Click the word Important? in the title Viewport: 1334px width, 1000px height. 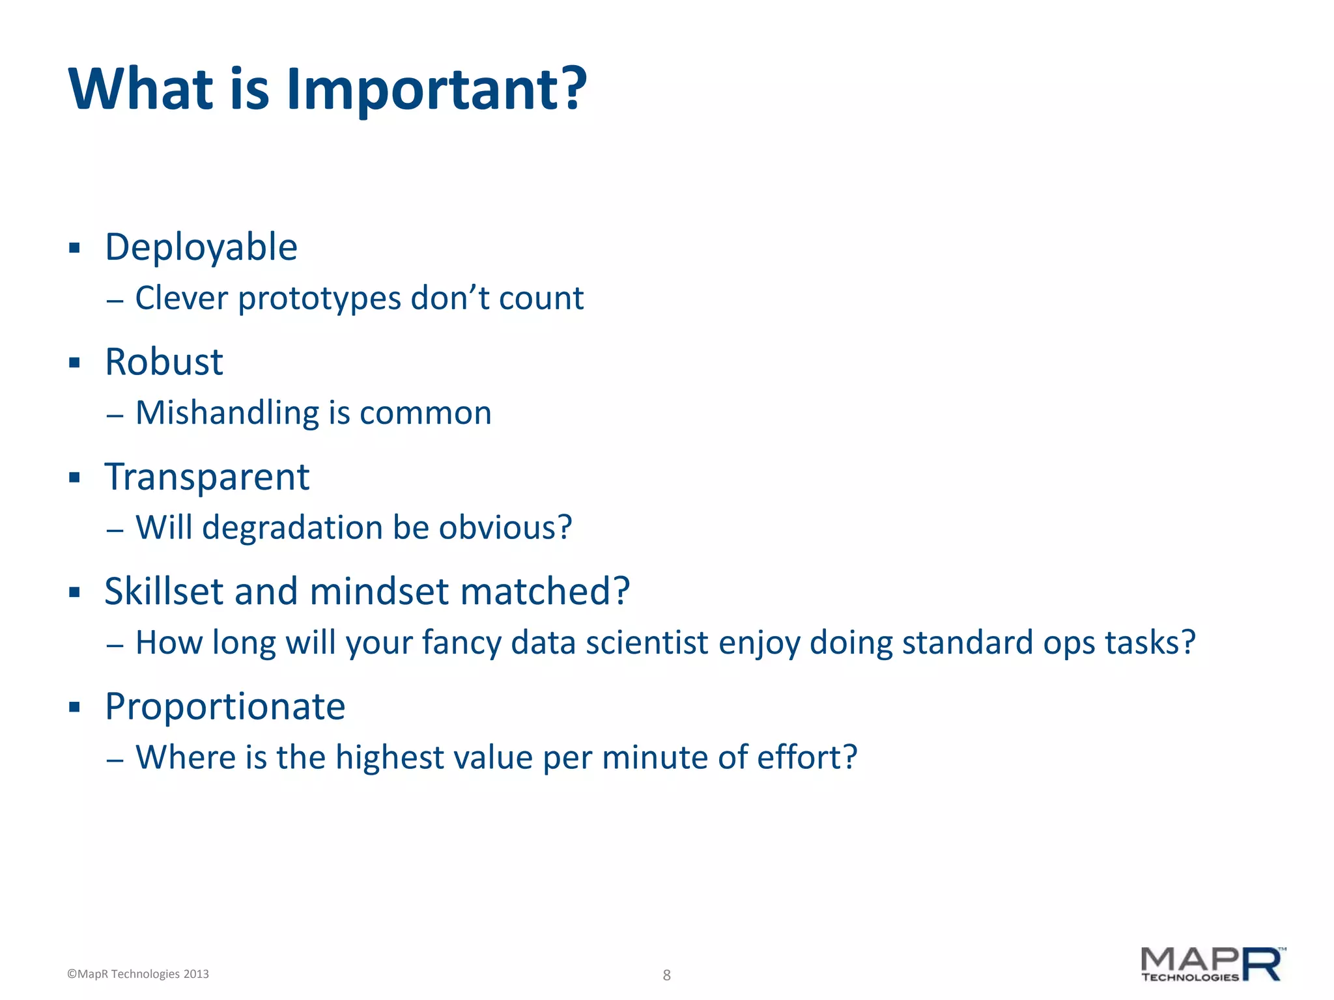pos(436,89)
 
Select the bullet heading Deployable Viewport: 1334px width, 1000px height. pos(201,248)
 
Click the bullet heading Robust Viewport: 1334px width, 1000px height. pos(164,362)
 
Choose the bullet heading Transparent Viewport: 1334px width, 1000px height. pos(207,477)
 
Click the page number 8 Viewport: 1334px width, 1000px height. pos(666,975)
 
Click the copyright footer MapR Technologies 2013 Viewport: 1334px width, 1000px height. pos(138,974)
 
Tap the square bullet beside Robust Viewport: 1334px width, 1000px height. pos(74,363)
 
